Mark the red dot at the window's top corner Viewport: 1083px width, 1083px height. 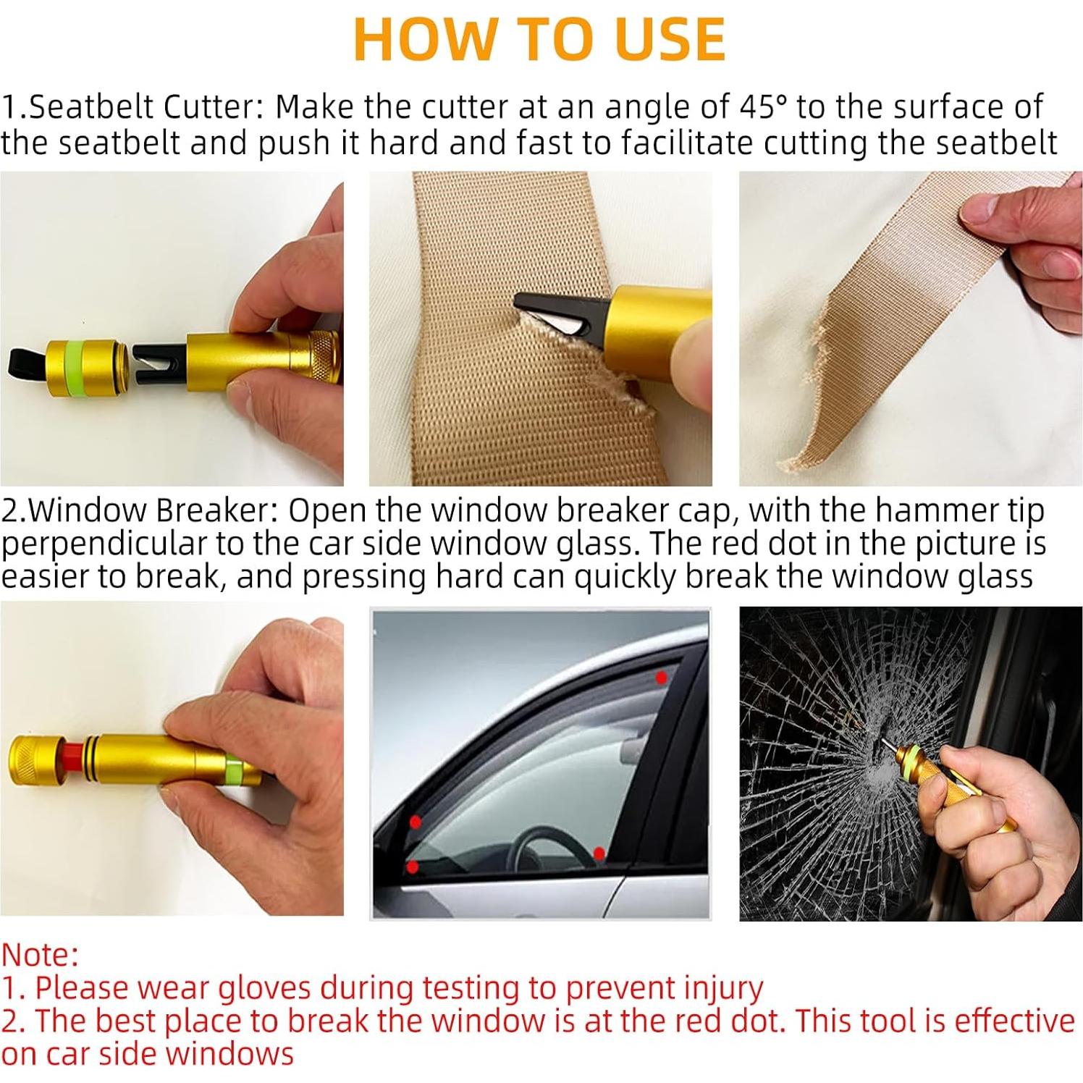pyautogui.click(x=660, y=678)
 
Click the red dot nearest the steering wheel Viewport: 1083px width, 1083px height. pyautogui.click(x=599, y=853)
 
